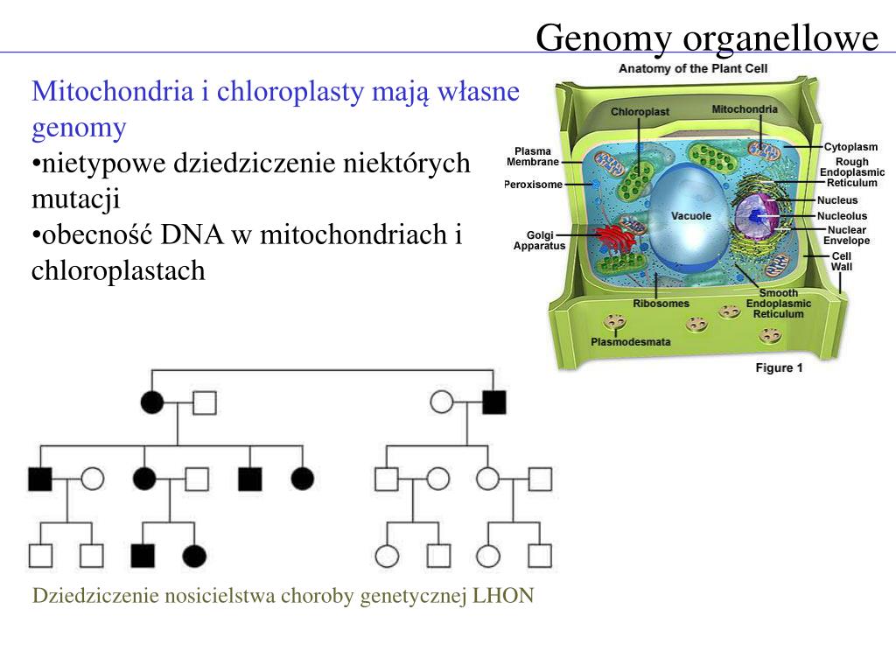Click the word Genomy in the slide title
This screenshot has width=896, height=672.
pos(604,38)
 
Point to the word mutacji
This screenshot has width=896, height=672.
pos(75,199)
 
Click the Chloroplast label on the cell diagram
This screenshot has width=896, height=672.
pos(640,112)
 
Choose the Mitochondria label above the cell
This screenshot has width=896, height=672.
pos(745,109)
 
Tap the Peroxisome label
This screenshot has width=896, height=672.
pos(534,185)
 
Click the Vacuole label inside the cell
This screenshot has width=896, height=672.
pos(690,216)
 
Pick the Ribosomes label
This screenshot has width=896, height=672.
pos(661,304)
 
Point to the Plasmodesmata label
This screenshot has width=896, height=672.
pos(631,342)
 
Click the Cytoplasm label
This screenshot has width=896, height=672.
pos(850,147)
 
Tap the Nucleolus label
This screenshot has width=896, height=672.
pos(842,215)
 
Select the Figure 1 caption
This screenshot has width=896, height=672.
pos(779,368)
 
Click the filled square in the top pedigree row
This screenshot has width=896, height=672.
pos(494,402)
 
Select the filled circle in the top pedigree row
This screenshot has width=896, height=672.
pos(152,402)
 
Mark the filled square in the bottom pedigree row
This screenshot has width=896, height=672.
pos(143,556)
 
